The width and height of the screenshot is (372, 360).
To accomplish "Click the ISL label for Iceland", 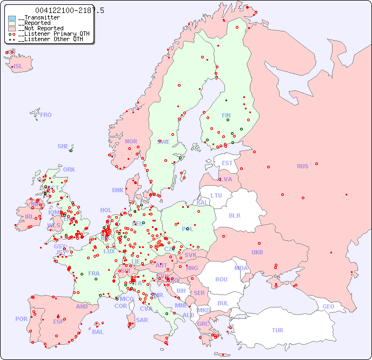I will pos(18,67).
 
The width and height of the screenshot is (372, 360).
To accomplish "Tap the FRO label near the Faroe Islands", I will pos(46,115).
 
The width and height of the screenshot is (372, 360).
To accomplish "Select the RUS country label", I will pos(302,166).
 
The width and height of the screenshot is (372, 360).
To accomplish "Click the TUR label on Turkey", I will pos(277,330).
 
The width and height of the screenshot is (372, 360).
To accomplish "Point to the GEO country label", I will pos(328,306).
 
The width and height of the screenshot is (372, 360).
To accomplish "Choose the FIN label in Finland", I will pos(226,115).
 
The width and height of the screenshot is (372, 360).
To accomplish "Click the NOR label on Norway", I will pos(131,141).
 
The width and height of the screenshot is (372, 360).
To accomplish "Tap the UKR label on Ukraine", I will pos(257,252).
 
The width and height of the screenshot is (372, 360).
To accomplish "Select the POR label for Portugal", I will pos(21,319).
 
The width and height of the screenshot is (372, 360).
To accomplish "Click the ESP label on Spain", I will pos(58,321).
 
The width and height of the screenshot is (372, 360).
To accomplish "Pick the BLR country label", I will pos(235,215).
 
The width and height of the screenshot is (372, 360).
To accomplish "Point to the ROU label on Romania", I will pos(221,279).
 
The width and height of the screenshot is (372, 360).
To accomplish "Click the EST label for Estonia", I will pos(227,163).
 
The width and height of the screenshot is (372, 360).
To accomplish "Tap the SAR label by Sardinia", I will pos(142,320).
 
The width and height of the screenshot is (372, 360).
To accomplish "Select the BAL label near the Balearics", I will pos(98,332).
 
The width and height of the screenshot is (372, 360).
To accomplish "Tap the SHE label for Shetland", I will pos(63,146).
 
